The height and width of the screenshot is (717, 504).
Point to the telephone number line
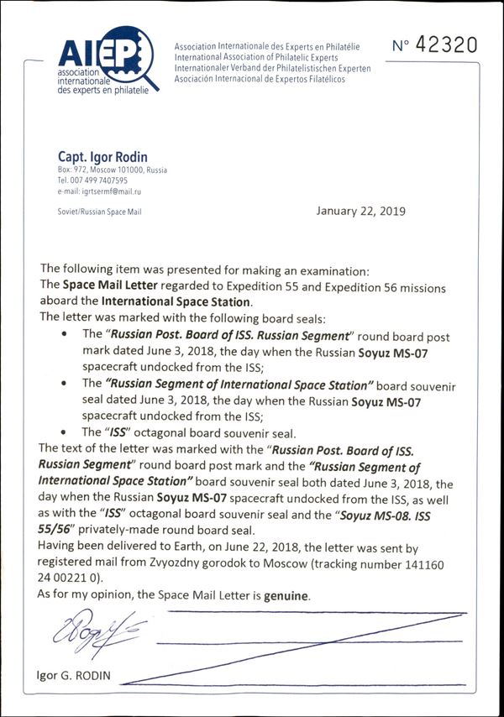click(x=92, y=181)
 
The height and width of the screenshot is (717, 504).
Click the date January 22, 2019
click(x=360, y=211)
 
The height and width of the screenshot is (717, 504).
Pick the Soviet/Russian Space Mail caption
click(x=99, y=212)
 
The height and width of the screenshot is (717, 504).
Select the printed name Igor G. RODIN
click(x=74, y=676)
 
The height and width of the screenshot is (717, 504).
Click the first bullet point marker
click(x=66, y=335)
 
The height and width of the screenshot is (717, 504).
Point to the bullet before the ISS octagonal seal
click(x=66, y=432)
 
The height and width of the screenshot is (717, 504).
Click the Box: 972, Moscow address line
click(x=112, y=170)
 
